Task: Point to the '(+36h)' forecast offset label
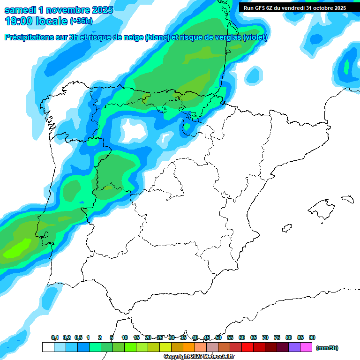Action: (81, 21)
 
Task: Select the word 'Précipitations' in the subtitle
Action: (29, 37)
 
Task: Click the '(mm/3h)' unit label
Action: (327, 348)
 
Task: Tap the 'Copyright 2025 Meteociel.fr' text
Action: (199, 357)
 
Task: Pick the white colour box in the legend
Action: (48, 347)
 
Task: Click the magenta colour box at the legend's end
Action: (306, 347)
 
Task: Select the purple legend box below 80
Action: (294, 347)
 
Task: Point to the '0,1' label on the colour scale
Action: (55, 338)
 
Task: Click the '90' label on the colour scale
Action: (312, 338)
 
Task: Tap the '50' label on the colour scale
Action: (218, 338)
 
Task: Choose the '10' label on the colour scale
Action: (125, 338)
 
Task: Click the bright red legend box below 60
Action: (247, 347)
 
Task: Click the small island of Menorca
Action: (347, 199)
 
